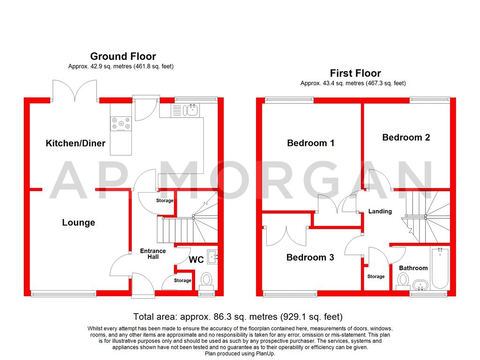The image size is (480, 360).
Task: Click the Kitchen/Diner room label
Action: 75,143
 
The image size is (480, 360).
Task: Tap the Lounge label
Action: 79,223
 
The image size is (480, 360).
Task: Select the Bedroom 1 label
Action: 311,143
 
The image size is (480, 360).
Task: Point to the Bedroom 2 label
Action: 406,137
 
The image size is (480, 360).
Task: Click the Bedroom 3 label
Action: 310,257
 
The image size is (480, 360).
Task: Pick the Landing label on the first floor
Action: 380,211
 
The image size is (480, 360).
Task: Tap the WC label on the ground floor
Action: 196,260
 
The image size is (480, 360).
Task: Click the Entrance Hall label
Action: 153,254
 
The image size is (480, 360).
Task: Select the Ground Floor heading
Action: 123,57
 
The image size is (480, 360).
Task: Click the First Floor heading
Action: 355,73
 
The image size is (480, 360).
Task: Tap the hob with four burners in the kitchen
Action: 121,124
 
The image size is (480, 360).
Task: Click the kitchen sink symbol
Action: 190,110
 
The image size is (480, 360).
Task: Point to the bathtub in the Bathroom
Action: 440,269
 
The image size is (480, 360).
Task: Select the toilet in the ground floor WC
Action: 206,280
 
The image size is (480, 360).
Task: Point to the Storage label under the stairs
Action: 165,201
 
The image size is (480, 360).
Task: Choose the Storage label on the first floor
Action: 376,277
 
